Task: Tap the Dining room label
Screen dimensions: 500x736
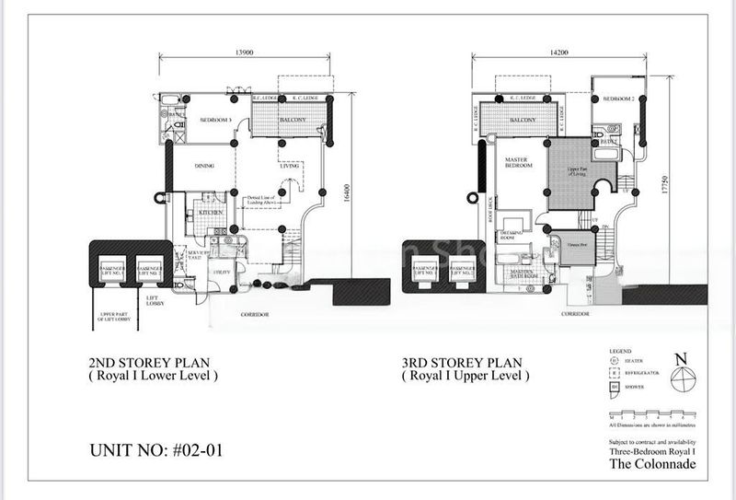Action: coord(206,166)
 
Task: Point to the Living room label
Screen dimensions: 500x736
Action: coord(292,166)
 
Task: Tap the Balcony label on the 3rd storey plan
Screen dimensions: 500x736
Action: coord(522,121)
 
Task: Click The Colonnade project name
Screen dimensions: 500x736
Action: coord(652,463)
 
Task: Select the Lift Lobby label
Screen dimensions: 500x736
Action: coord(153,300)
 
